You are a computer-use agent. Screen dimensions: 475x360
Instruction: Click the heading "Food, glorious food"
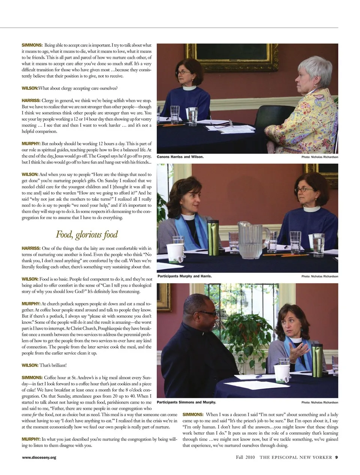(87, 235)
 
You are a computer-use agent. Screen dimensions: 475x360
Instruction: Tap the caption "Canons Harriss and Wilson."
(180, 157)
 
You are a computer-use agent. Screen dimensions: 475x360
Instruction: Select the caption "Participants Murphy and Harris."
(184, 276)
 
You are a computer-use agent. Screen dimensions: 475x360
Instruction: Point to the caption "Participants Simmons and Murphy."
(186, 402)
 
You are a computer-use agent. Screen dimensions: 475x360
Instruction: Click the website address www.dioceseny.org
(39, 457)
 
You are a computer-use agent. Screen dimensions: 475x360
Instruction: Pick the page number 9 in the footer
(336, 457)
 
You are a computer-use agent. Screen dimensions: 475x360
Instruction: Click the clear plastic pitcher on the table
(251, 240)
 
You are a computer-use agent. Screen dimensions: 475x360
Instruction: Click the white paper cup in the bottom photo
(282, 373)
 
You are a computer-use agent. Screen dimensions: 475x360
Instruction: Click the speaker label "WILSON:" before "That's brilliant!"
(30, 365)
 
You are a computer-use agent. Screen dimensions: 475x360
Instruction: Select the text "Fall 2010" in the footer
(245, 457)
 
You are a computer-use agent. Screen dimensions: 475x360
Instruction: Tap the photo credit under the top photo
(319, 157)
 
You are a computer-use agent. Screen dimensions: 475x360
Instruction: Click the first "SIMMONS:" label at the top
(32, 45)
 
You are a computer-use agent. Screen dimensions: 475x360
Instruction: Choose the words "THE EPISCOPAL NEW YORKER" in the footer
(295, 457)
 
